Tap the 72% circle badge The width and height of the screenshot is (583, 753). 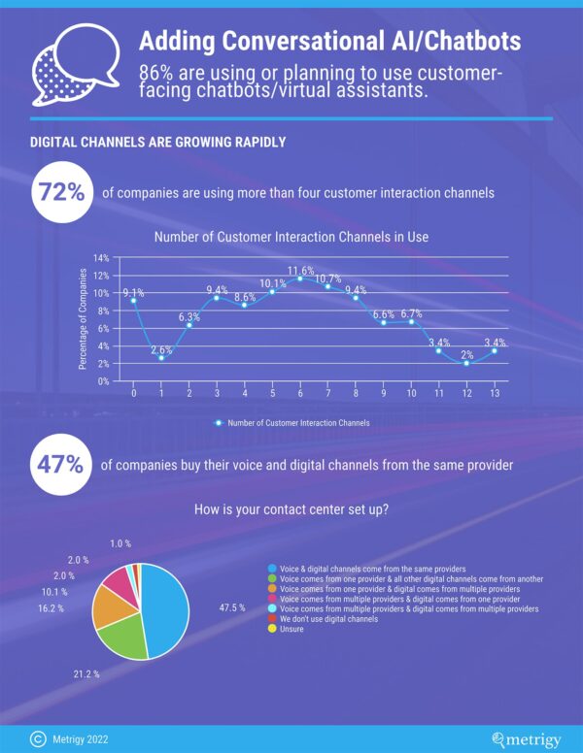pyautogui.click(x=61, y=191)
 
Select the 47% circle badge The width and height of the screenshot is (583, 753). pyautogui.click(x=61, y=464)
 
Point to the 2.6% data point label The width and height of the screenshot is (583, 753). pyautogui.click(x=161, y=349)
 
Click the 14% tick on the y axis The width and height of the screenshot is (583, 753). pyautogui.click(x=100, y=258)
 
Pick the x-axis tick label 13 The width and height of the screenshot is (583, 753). pyautogui.click(x=496, y=394)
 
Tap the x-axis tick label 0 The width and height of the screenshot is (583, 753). pyautogui.click(x=133, y=394)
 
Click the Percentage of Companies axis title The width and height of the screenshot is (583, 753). pyautogui.click(x=84, y=319)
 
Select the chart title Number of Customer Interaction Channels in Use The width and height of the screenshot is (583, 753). pyautogui.click(x=291, y=236)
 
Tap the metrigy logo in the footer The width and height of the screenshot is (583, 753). pyautogui.click(x=527, y=739)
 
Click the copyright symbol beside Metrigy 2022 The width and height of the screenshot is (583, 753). pyautogui.click(x=37, y=739)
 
